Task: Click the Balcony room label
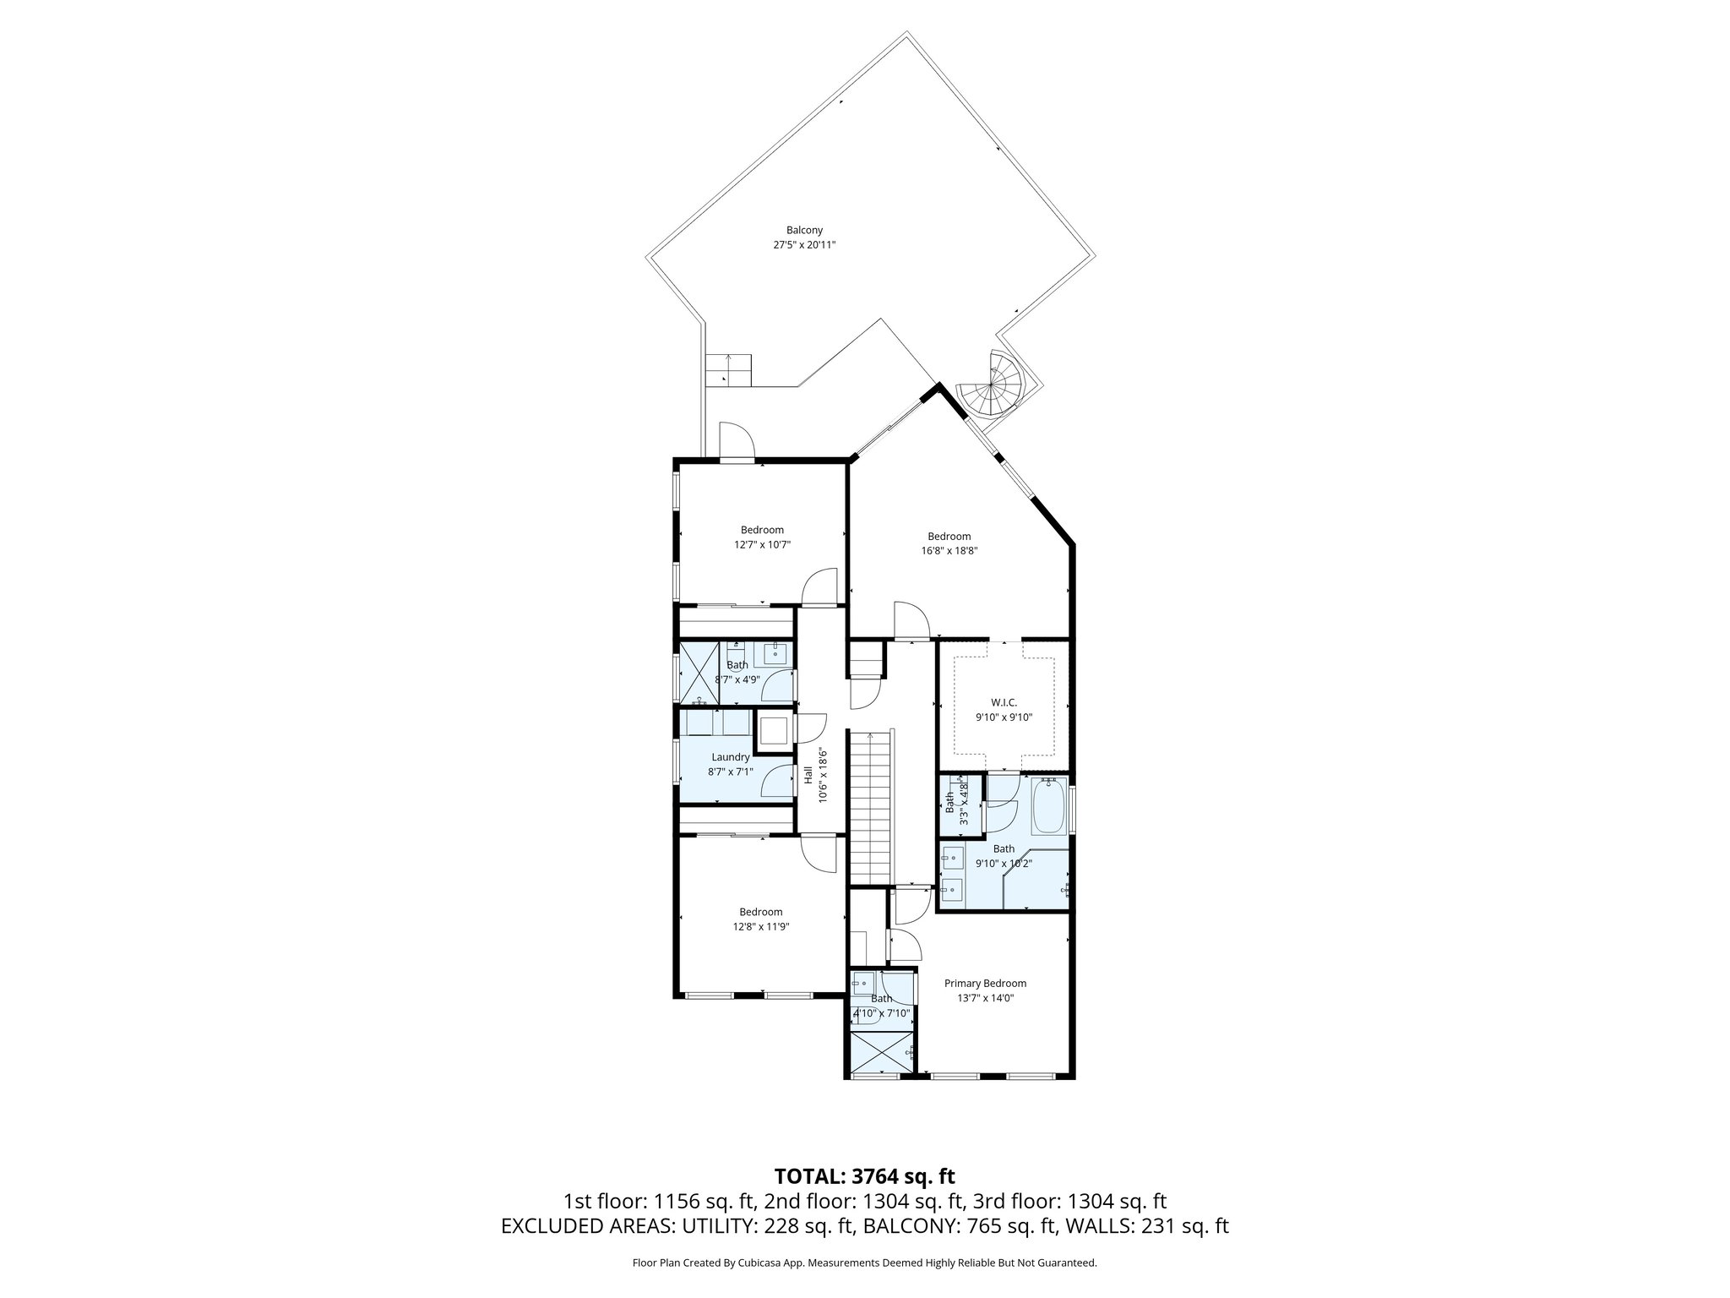coord(803,230)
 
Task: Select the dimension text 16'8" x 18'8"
coord(949,550)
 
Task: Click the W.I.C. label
coord(1004,702)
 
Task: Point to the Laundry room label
coord(730,757)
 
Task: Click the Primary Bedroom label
coord(985,983)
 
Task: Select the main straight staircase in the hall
coord(871,807)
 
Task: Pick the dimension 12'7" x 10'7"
coord(762,545)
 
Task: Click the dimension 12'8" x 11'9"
coord(760,926)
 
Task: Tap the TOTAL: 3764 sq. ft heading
coord(864,1175)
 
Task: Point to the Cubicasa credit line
coord(864,1263)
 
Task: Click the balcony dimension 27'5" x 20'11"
coord(803,245)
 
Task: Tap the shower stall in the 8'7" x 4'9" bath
coord(699,674)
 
